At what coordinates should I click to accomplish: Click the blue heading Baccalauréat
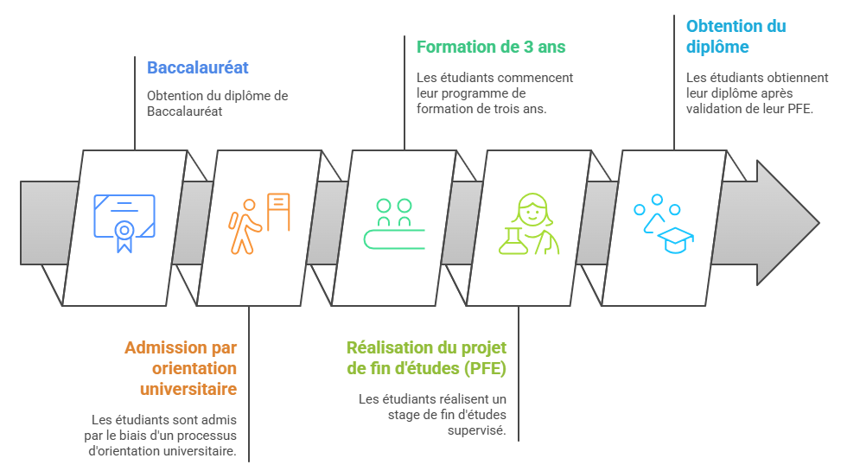pos(197,67)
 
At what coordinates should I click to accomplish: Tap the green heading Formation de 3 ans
pos(491,47)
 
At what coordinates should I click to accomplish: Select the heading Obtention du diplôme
pos(736,36)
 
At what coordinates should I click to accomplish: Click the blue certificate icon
pos(124,223)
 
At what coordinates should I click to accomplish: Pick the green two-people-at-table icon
pos(394,224)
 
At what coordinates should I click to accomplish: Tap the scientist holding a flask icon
pos(529,224)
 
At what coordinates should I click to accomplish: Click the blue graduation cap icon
pos(676,240)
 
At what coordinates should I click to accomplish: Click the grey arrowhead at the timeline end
pos(787,223)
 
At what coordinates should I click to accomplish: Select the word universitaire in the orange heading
pos(188,389)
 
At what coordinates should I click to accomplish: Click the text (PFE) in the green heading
pos(485,368)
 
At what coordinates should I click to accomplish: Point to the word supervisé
pos(476,430)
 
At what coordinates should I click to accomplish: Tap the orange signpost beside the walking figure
pos(278,212)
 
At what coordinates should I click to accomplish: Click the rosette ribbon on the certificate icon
pos(124,236)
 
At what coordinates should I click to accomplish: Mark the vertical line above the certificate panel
pos(135,103)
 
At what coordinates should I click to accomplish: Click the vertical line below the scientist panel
pos(519,373)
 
